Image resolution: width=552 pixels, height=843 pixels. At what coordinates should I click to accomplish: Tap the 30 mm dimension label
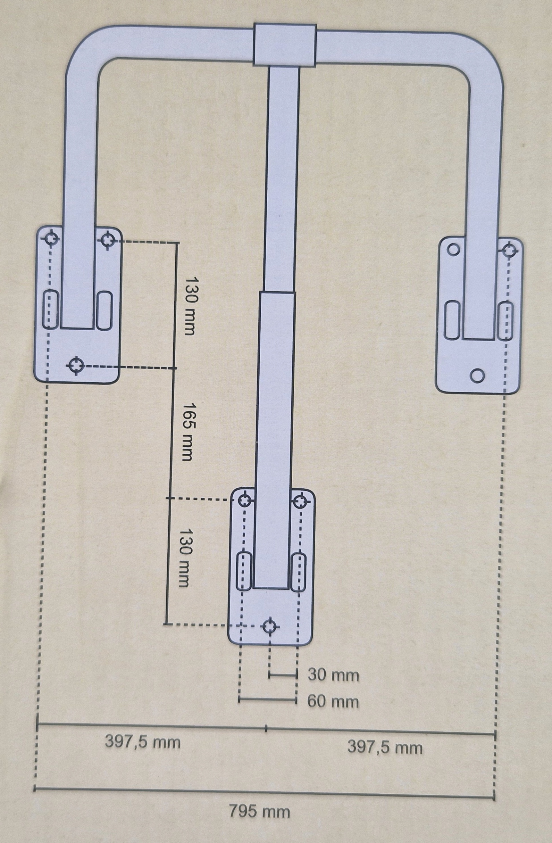333,675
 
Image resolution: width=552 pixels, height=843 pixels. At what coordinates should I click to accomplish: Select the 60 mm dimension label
333,701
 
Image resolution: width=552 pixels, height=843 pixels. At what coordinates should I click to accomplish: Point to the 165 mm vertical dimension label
186,431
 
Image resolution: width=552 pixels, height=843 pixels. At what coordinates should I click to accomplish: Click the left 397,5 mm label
143,742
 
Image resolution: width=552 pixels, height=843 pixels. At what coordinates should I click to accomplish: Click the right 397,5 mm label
385,748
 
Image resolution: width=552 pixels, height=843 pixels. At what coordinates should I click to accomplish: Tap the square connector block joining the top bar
285,45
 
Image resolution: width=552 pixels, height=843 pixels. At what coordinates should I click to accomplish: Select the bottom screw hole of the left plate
75,365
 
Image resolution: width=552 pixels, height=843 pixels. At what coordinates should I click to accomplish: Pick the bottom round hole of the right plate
477,375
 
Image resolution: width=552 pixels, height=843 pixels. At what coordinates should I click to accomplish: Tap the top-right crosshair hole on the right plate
509,251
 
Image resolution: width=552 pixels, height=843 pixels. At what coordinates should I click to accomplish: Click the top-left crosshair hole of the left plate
52,239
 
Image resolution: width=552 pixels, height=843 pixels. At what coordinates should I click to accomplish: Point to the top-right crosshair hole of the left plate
107,240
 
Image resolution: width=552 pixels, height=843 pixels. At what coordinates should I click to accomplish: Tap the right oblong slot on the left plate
104,310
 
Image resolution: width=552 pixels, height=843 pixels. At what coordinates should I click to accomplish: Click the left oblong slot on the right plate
452,320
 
